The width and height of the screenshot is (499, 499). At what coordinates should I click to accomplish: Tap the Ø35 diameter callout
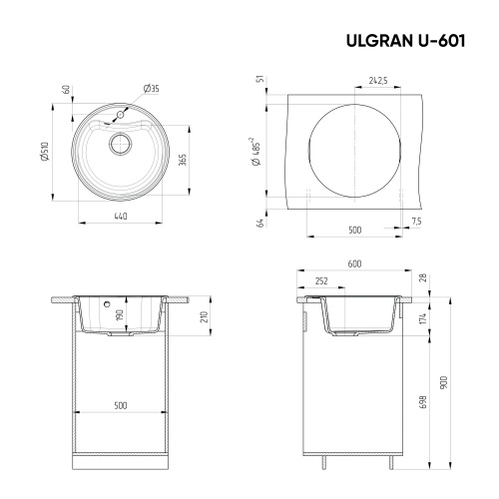click(151, 90)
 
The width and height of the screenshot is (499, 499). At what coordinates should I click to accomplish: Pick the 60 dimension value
click(65, 90)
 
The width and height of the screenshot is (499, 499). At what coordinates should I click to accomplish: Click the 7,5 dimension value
click(415, 220)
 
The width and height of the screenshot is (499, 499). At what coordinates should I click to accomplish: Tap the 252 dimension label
click(320, 281)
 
